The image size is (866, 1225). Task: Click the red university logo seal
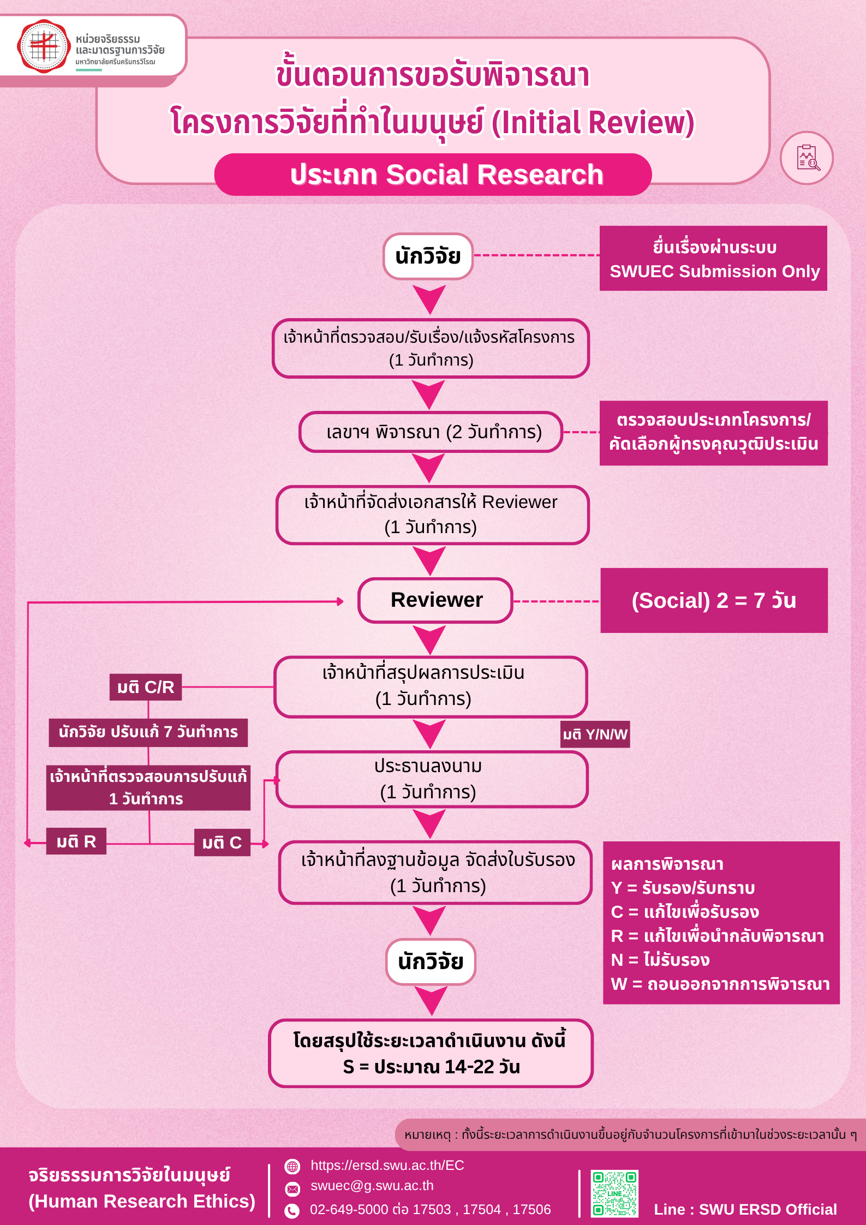[x=44, y=46]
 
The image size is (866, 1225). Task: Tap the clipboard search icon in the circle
[x=807, y=158]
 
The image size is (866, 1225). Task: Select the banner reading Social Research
[x=433, y=175]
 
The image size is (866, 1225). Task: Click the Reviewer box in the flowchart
[x=435, y=600]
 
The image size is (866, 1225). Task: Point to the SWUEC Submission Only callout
[x=713, y=259]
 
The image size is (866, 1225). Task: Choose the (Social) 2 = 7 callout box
[x=714, y=601]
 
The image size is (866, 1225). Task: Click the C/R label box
[x=146, y=687]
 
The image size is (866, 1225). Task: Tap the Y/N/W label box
[x=595, y=734]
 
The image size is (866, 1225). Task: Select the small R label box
[x=76, y=842]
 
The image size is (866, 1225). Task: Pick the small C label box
[x=222, y=843]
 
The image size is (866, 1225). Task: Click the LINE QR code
[x=614, y=1193]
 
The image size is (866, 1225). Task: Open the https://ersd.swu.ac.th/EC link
[x=387, y=1166]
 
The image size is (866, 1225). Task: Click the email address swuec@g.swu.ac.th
[x=372, y=1186]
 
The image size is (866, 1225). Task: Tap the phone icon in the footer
[x=292, y=1211]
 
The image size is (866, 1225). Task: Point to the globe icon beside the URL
[x=292, y=1167]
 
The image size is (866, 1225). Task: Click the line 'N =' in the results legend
[x=660, y=960]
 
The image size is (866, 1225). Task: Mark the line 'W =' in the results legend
[x=720, y=984]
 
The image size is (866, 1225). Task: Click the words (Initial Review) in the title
[x=593, y=122]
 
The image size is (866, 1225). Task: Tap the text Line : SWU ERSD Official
[x=745, y=1210]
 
